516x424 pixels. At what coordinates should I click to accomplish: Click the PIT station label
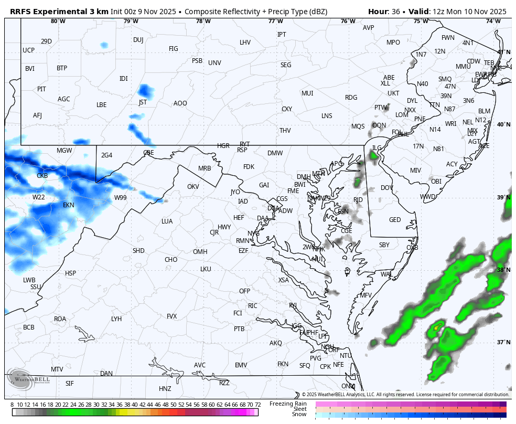[41, 89]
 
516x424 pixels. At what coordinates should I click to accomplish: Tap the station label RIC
[253, 306]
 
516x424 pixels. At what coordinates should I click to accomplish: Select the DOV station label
[386, 188]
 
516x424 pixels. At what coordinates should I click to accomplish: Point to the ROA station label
[60, 319]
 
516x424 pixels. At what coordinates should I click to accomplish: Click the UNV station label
[214, 63]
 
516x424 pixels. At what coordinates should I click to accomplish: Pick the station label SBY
[384, 245]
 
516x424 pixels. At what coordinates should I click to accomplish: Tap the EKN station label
[69, 205]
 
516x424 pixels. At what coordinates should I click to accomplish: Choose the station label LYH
[116, 319]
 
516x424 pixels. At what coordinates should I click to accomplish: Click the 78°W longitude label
[203, 22]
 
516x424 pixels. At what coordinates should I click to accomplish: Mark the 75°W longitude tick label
[420, 22]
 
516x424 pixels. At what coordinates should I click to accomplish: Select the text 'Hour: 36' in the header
[385, 11]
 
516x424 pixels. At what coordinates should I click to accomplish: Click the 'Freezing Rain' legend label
[288, 404]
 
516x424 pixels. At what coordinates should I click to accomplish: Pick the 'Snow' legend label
[299, 415]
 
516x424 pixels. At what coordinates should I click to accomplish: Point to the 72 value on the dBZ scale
[257, 405]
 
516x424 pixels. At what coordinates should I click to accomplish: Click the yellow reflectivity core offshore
[435, 329]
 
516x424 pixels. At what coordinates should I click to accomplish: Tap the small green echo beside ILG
[374, 156]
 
